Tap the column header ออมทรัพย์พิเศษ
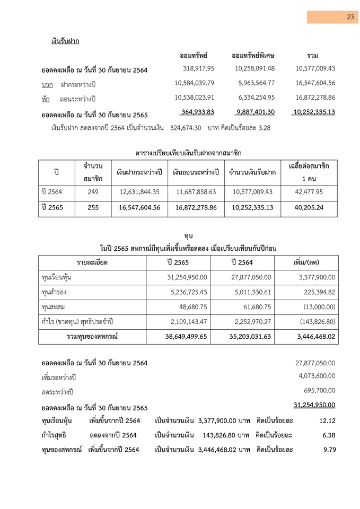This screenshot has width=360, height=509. [x=253, y=56]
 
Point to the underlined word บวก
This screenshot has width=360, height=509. [x=47, y=84]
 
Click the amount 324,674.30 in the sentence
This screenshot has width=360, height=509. [x=188, y=128]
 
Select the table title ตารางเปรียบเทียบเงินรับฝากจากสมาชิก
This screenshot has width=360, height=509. [x=188, y=153]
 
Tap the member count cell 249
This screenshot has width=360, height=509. [x=93, y=192]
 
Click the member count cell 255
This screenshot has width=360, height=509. [x=93, y=207]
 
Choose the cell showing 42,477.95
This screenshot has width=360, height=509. [x=309, y=192]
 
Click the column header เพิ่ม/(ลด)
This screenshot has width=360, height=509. [x=306, y=262]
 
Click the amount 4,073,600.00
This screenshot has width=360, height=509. [x=317, y=376]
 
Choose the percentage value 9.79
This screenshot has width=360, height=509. [x=329, y=450]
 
